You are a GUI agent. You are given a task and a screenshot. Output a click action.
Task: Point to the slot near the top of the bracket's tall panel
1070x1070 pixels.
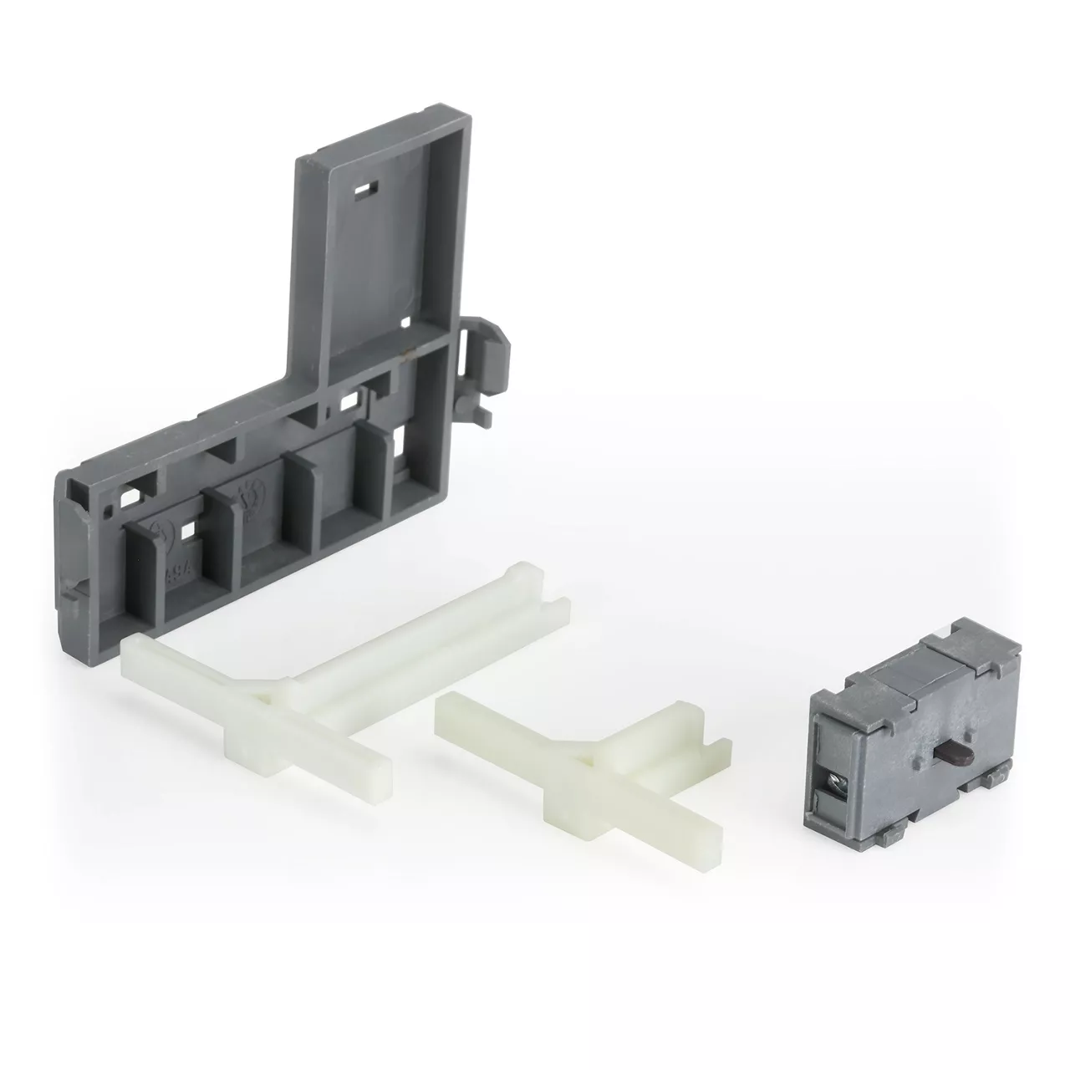tap(364, 191)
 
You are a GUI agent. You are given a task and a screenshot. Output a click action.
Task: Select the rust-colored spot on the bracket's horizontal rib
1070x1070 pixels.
tap(407, 354)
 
